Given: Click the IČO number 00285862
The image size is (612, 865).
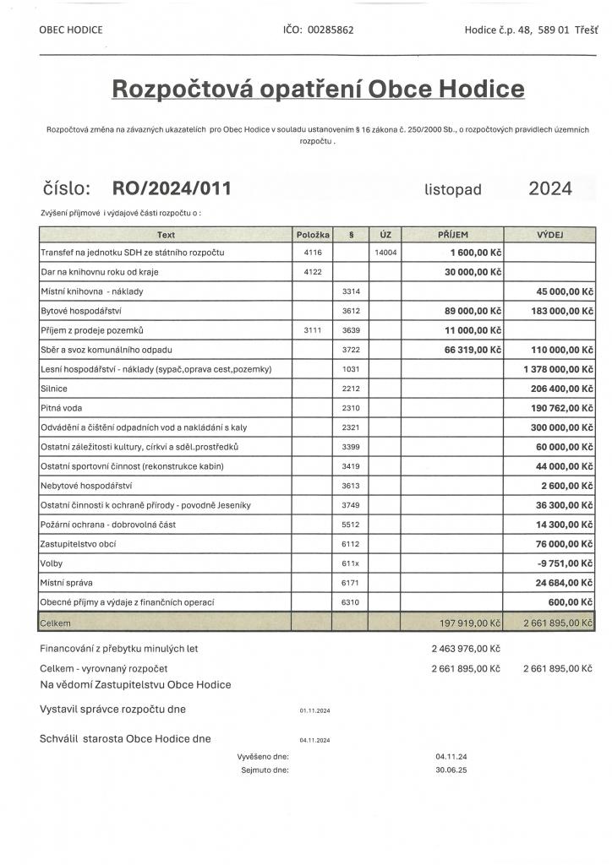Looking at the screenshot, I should tap(331, 30).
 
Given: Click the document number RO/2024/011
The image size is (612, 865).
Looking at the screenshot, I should tap(172, 188).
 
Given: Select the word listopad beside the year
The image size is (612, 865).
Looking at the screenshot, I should tap(453, 190).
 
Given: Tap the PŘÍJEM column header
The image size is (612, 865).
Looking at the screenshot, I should tap(453, 234).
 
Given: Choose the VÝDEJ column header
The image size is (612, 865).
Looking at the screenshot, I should tap(551, 234).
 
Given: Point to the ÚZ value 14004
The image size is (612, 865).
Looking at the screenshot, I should tap(385, 253).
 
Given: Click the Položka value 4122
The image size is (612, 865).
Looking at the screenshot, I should tap(312, 272).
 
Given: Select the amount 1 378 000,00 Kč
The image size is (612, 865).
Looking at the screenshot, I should tap(559, 369).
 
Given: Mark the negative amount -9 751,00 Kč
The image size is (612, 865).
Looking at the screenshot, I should tap(563, 563).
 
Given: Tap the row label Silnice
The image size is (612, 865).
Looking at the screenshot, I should tap(54, 389).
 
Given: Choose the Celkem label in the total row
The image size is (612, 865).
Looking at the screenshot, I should tap(57, 623).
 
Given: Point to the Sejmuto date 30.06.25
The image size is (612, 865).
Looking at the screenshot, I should tap(451, 770).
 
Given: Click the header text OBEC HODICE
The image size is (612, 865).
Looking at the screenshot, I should tap(71, 30).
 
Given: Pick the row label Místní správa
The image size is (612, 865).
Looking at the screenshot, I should tap(66, 583).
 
